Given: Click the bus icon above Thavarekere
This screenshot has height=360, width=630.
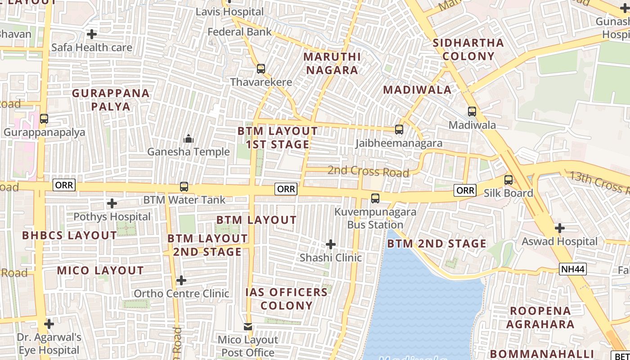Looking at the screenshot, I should click(261, 69).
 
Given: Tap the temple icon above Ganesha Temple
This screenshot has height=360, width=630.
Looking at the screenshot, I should click(189, 139).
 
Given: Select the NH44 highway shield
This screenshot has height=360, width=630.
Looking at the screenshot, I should click(573, 269).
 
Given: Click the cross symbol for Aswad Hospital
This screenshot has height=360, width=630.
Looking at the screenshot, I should click(559, 228).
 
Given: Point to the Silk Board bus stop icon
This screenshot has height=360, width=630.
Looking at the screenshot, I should click(508, 180).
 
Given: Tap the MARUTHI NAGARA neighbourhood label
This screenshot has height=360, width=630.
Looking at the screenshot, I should click(332, 63).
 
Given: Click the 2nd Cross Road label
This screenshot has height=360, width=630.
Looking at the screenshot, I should click(368, 171).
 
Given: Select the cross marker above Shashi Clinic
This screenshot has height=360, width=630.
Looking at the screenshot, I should click(331, 244).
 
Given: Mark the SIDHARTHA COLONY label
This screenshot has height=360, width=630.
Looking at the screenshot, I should click(468, 49).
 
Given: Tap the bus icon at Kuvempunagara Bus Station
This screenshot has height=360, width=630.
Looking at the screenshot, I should click(375, 198).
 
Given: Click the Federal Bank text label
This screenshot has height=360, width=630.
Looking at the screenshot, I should click(239, 32).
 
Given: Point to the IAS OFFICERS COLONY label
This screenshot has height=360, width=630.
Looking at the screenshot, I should click(287, 299).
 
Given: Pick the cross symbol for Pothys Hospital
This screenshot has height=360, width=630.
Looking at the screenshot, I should click(112, 203).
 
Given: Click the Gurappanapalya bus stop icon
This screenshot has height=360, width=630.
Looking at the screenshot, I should click(44, 119).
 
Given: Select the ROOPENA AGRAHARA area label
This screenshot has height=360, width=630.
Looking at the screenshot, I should click(540, 318).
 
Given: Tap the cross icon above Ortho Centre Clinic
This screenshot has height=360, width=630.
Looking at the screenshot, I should click(181, 280).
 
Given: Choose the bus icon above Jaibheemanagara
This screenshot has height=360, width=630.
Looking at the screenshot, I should click(399, 130).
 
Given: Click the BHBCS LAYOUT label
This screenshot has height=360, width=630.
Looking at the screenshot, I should click(69, 235).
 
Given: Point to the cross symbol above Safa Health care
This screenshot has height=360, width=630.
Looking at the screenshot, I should click(92, 34).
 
